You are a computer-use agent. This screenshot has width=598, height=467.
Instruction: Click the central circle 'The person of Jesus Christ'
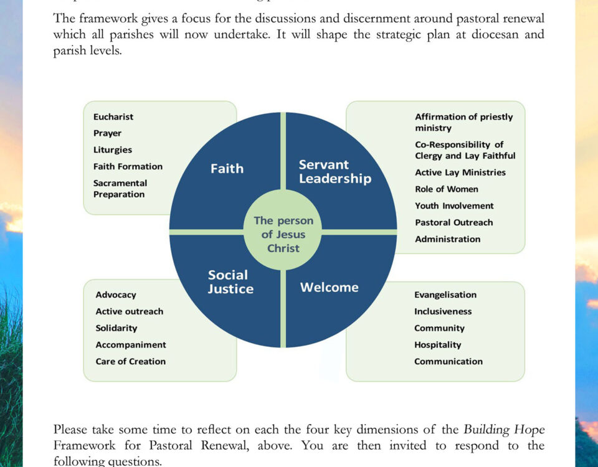tap(283, 235)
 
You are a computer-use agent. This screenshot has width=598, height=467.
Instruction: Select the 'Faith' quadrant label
tap(227, 168)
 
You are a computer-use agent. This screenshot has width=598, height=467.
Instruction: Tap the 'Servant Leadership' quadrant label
tap(335, 172)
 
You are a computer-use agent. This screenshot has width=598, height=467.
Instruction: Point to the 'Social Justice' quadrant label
tap(230, 281)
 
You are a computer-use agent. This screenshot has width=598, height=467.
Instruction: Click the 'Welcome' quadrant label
tap(329, 287)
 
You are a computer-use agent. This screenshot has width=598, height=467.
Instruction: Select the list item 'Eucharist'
tap(113, 117)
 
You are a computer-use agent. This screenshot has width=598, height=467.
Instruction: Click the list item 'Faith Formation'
tap(128, 167)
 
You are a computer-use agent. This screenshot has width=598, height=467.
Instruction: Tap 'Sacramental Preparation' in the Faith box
tap(120, 189)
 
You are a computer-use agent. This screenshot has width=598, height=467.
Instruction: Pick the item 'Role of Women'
tap(446, 189)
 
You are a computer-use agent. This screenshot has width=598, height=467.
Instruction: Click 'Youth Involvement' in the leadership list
tap(454, 206)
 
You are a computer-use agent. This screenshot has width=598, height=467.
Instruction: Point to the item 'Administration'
tap(447, 239)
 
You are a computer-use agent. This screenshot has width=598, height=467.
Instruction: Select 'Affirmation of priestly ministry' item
tap(463, 122)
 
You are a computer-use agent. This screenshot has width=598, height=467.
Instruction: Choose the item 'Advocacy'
tap(116, 295)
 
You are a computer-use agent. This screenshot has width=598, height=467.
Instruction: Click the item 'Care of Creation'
tap(130, 362)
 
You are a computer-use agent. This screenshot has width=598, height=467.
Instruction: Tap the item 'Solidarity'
tap(116, 328)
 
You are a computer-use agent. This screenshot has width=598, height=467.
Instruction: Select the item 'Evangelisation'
tap(445, 295)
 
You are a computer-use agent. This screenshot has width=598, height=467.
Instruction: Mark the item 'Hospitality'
tap(437, 345)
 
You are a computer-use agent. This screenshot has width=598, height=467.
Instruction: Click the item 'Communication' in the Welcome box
tap(448, 362)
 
